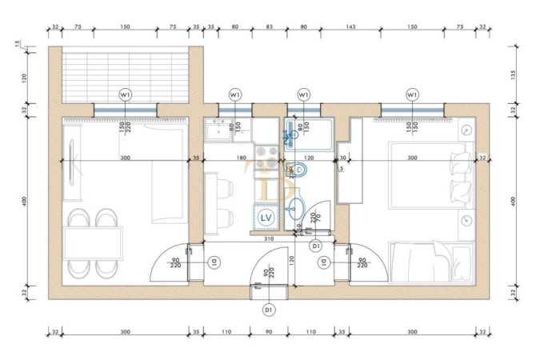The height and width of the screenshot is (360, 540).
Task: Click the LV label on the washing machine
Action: click(266, 217)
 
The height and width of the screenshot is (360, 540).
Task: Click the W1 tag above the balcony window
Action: click(125, 94)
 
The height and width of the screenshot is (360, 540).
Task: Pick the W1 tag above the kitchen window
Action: click(235, 94)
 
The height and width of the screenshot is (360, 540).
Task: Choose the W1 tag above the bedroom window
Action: click(412, 94)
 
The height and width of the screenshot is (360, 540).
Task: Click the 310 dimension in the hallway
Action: click(270, 238)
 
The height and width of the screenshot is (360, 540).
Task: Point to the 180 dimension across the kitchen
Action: click(242, 158)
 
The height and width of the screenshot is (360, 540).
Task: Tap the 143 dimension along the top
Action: click(350, 26)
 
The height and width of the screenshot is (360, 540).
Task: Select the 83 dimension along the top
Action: click(269, 26)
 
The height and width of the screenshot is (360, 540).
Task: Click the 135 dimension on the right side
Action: click(513, 76)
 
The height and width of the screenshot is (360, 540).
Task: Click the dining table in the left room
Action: click(94, 243)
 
